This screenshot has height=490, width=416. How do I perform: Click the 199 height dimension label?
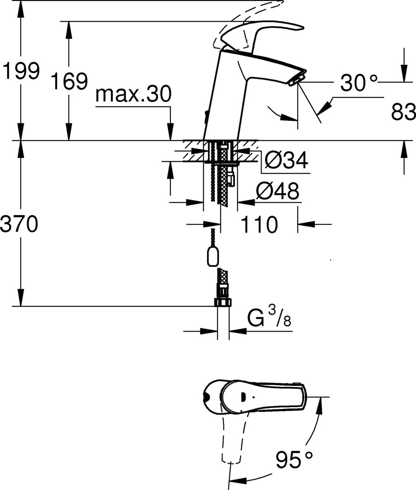coord(20,71)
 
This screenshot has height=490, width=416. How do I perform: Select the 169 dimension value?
coord(69,81)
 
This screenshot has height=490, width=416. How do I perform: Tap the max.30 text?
coord(134,94)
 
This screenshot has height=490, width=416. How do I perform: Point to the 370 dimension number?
coord(19,224)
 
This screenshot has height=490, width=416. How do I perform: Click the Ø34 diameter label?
coord(286,160)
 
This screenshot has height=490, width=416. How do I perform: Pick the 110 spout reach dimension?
coord(259,224)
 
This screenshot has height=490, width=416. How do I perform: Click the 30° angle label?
coord(358,83)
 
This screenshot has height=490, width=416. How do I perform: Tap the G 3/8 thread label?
coord(269,316)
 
